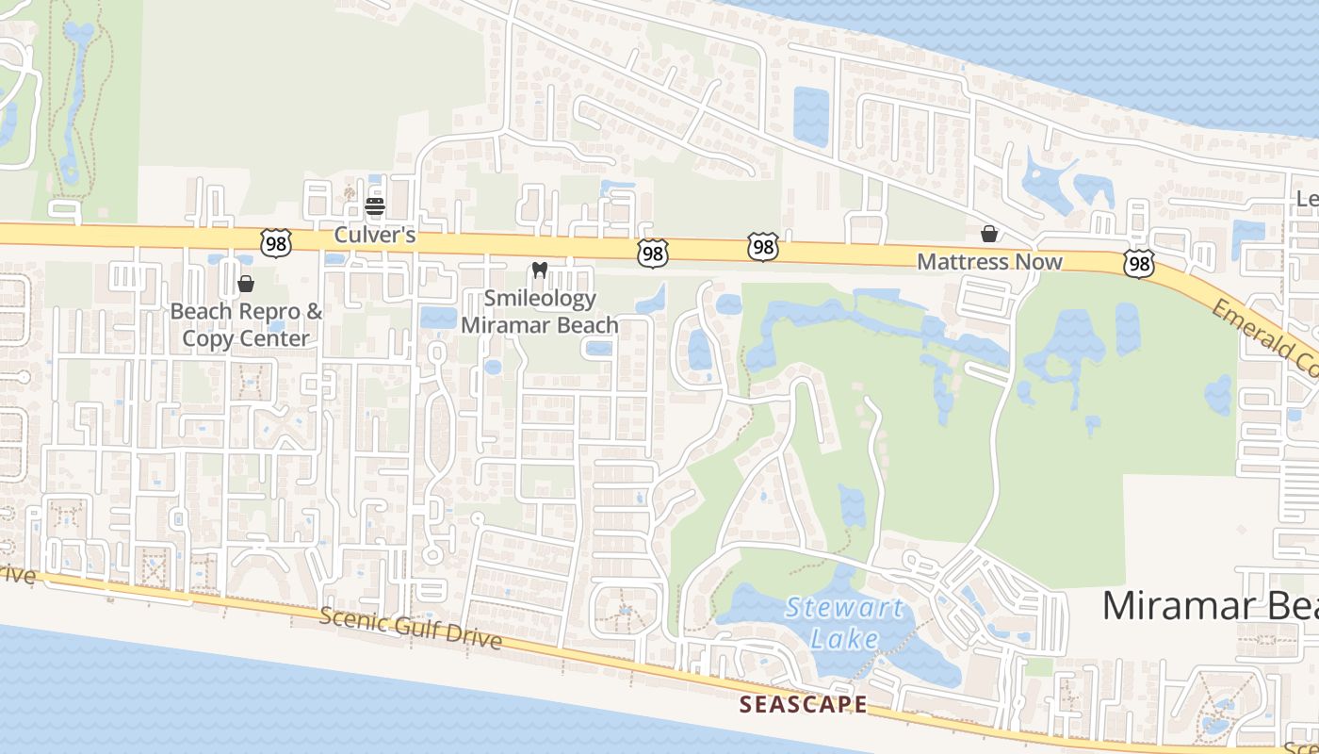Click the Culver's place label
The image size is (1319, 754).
click(x=375, y=235)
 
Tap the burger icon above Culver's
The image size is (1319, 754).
click(x=375, y=205)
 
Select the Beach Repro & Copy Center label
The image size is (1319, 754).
click(x=246, y=324)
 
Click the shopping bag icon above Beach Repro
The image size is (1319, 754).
click(x=246, y=283)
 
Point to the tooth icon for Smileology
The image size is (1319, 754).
click(x=540, y=270)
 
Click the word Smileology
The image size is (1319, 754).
click(x=540, y=299)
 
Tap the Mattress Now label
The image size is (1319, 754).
click(x=989, y=262)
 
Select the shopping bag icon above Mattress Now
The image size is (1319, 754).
click(x=989, y=233)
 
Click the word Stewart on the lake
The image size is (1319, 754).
click(x=844, y=608)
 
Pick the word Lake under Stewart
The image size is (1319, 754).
click(x=844, y=639)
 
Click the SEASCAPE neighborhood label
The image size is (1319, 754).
click(x=803, y=704)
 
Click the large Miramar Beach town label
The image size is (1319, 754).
click(x=1210, y=605)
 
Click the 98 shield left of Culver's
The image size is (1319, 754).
click(x=277, y=243)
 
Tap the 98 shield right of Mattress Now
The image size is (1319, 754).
click(x=1139, y=265)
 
